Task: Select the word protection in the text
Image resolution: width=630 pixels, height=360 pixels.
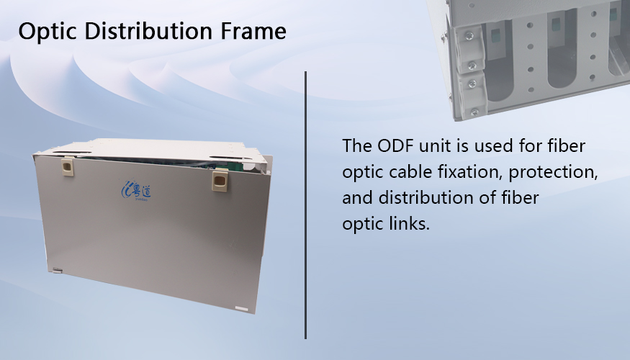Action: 553,172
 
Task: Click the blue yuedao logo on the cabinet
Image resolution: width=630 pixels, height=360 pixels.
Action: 136,189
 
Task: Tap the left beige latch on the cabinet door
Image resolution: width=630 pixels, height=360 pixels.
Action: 67,167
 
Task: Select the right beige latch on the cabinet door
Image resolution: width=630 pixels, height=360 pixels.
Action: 220,180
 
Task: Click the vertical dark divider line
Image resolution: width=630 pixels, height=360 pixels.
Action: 305,205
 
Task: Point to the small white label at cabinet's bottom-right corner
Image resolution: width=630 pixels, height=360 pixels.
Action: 241,309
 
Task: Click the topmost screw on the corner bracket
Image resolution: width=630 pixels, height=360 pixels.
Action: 469,37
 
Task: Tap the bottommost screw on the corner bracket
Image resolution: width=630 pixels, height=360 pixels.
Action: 474,112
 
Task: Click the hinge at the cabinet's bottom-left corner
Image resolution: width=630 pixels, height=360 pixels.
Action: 57,271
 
